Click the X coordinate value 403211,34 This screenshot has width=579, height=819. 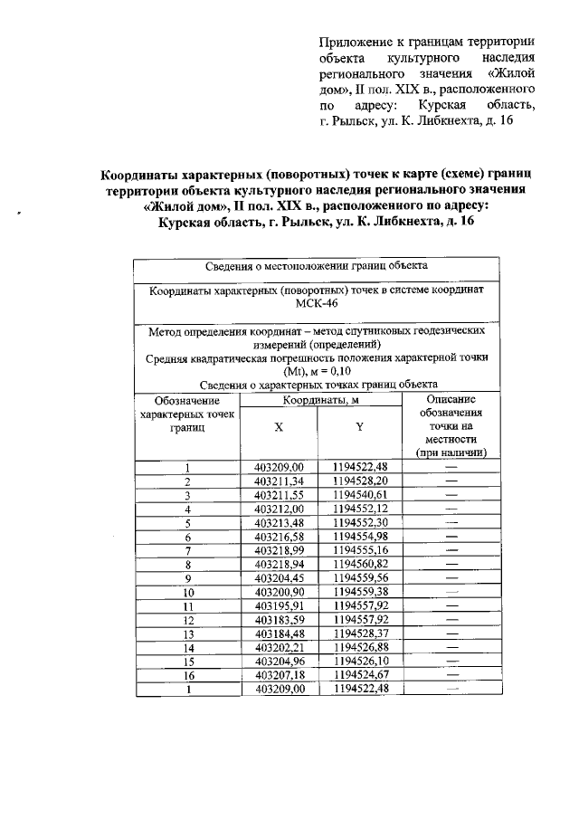280,481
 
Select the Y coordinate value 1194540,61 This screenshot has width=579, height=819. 359,494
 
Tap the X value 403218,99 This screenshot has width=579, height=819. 280,549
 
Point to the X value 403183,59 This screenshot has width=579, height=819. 280,619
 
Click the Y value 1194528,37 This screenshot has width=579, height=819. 359,633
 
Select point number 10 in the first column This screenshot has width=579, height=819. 188,591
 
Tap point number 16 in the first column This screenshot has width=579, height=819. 188,674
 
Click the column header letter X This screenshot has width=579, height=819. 279,429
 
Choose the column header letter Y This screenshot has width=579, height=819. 359,429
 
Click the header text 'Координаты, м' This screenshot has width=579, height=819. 320,400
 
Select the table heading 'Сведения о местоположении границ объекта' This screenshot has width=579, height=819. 316,266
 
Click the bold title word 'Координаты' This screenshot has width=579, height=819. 142,171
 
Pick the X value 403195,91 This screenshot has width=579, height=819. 280,605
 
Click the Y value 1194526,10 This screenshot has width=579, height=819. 359,661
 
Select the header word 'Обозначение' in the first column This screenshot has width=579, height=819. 187,399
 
